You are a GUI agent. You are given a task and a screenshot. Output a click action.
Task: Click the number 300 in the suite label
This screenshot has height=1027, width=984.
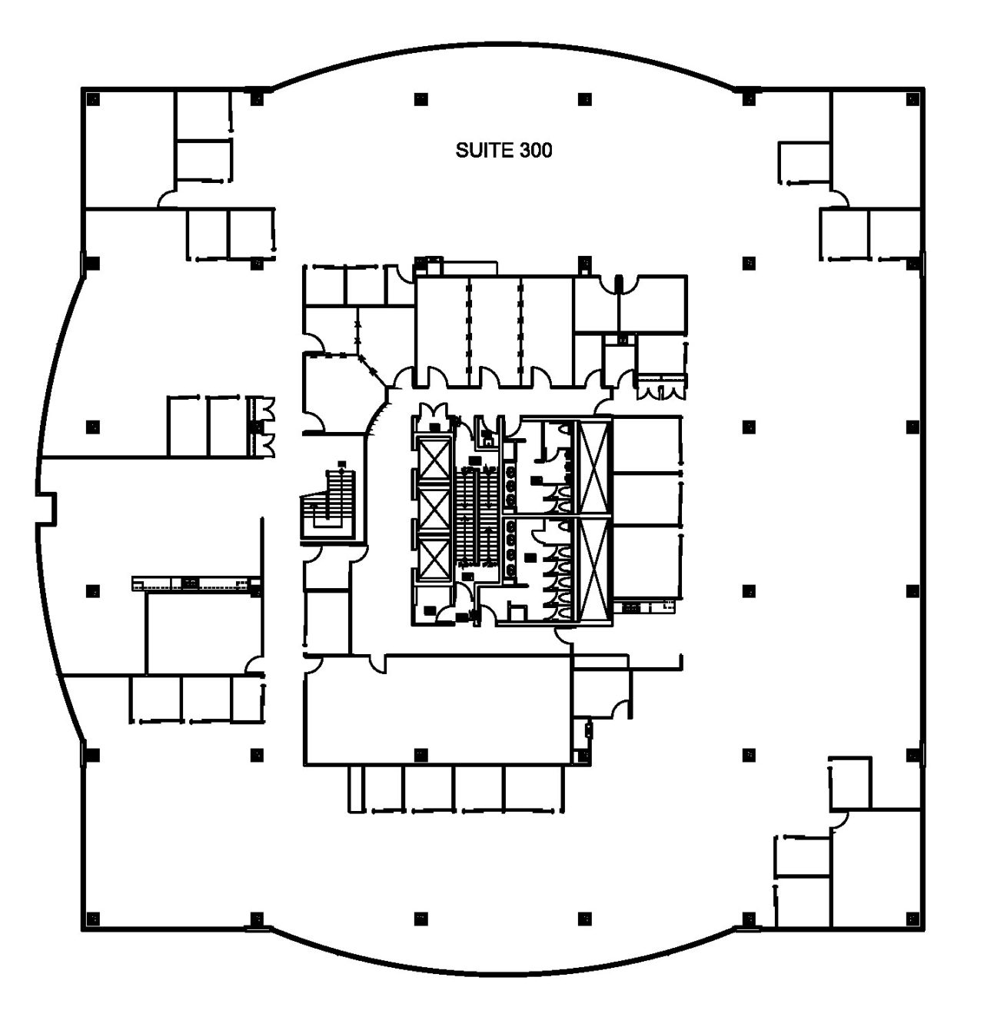point(536,151)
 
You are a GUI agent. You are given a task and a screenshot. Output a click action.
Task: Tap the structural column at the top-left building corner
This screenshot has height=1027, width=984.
point(93,99)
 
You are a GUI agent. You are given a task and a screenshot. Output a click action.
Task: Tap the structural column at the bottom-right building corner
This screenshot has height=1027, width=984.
point(913,919)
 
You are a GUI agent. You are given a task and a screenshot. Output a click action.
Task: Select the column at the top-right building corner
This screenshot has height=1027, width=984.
point(913,99)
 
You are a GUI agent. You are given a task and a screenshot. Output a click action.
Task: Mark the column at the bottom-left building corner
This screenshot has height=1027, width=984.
point(93,919)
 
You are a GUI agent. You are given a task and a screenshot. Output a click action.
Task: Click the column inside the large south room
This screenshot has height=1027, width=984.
point(421,755)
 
